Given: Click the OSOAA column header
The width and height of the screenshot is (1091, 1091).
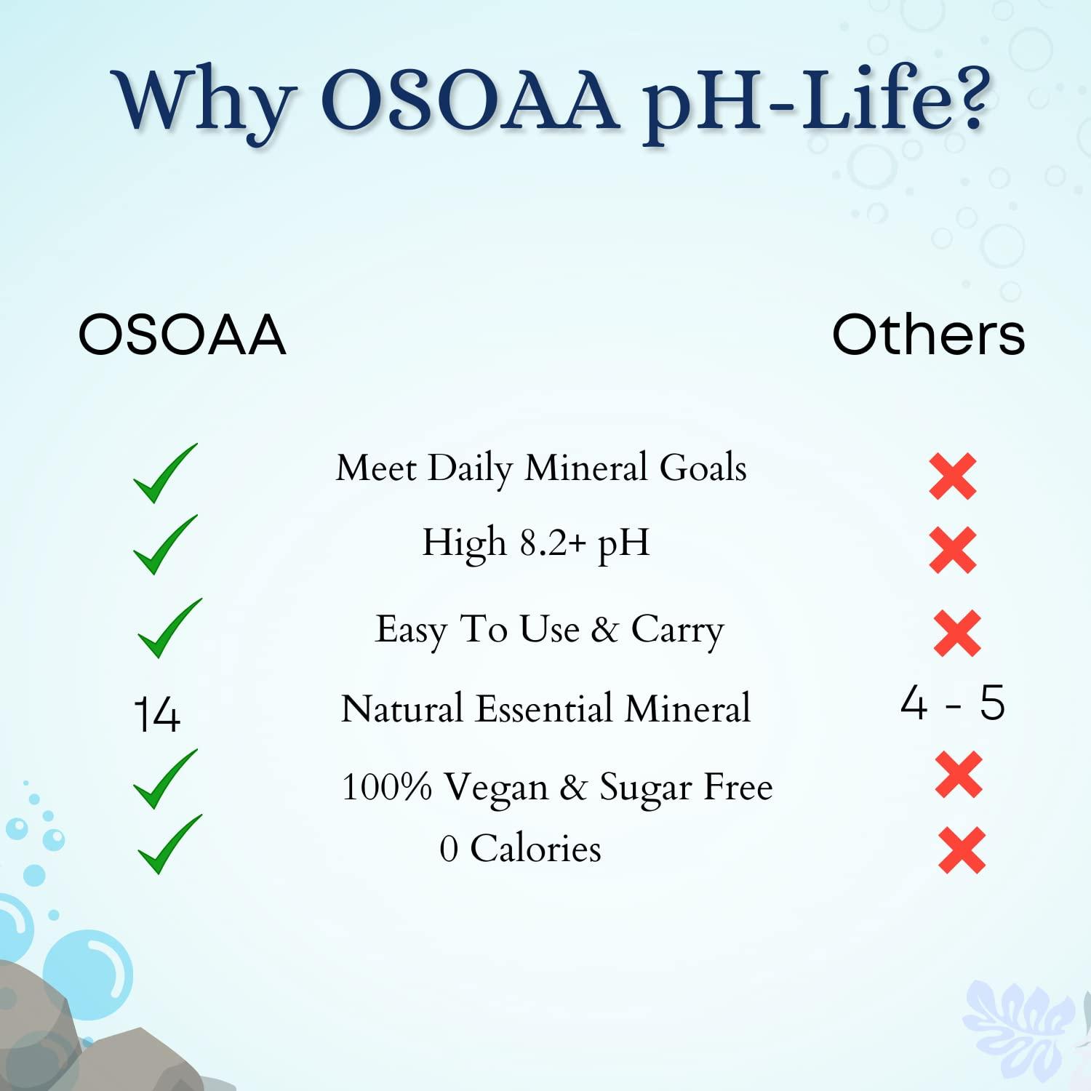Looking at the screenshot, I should point(182,335).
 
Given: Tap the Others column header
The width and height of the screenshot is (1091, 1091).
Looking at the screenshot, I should point(928,335).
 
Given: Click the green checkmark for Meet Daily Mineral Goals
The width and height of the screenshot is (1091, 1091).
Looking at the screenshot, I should point(164,474).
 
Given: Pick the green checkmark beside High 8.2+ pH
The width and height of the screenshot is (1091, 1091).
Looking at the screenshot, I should point(164,545).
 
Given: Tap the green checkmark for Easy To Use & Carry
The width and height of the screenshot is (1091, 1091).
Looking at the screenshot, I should point(169,629).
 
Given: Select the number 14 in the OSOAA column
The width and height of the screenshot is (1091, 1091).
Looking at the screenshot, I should point(158,714).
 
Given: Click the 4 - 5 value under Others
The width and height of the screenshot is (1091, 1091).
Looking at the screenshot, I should point(952,703).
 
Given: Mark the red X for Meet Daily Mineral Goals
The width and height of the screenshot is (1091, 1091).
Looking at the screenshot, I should point(953,476).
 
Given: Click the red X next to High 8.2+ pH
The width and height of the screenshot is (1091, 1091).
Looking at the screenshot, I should point(953,550).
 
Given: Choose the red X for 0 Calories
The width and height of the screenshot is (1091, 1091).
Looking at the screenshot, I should point(962,850).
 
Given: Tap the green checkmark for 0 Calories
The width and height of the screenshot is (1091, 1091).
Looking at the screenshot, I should point(169,844).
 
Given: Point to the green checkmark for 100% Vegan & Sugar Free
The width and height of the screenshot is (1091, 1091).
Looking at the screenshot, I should point(164,779).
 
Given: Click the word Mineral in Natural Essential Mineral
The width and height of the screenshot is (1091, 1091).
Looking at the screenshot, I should point(687,709).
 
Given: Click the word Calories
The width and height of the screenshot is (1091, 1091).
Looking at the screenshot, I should point(535,849).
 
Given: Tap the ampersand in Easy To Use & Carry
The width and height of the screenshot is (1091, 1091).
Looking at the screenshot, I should point(604,630).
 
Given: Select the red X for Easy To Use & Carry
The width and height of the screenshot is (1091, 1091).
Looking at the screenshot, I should point(957,634).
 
